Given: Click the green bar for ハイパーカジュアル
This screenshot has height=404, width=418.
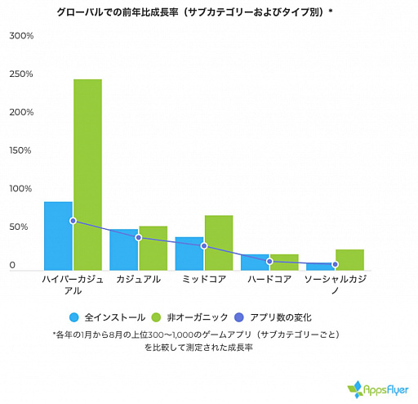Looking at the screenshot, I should pos(87,174).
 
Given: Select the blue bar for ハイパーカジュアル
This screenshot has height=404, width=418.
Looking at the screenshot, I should pos(58,236).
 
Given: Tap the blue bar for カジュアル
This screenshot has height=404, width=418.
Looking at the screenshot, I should pos(123,249).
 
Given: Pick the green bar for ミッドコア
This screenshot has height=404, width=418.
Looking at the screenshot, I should pos(218,242).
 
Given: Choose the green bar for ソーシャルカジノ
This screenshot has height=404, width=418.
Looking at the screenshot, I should pos(349,259).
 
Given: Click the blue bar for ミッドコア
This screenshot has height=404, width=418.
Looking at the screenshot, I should pos(189,254).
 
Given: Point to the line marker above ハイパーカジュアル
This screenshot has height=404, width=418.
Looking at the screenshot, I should pos(73,221).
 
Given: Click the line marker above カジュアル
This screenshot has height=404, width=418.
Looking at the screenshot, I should pos(138,237).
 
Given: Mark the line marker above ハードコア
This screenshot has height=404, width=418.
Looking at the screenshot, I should pos(269,261).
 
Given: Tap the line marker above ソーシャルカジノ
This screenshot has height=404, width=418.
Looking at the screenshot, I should pos(335,264).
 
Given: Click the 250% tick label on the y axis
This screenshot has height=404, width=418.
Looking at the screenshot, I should pos(21,74).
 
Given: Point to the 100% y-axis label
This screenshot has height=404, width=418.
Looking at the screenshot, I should pos(21,189).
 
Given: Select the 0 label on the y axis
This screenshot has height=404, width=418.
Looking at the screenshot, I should pos(13,265).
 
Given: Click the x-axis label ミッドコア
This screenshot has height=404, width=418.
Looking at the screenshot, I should pos(203,280).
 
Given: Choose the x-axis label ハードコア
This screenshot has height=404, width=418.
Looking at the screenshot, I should pos(269,280).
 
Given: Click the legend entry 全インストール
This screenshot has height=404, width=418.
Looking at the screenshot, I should pos(108,317).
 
